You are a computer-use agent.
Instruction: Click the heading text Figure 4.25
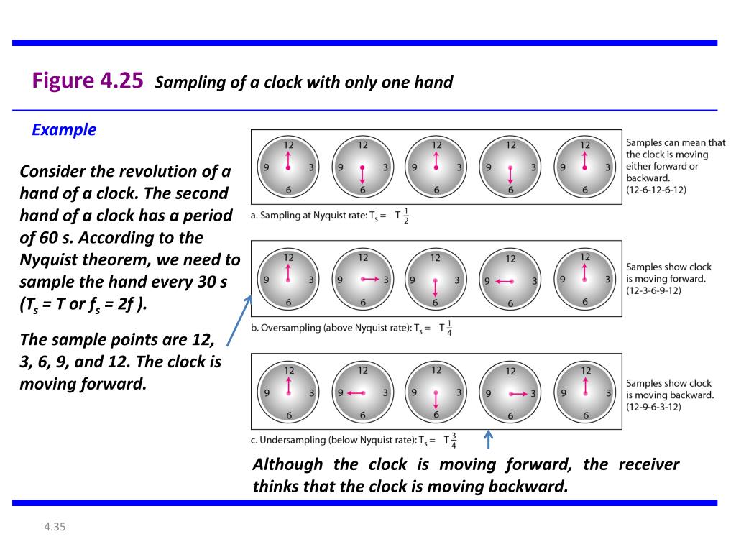pos(88,80)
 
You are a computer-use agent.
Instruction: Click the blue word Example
pos(64,129)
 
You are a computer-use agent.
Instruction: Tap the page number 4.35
pos(55,528)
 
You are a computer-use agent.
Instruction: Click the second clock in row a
pos(362,167)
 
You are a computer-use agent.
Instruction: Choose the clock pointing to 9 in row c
pos(362,392)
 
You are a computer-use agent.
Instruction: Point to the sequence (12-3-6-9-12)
pos(653,290)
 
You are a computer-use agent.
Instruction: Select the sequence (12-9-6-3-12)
pos(653,407)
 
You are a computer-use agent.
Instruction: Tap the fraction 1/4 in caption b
pos(448,328)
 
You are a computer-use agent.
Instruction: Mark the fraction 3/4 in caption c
pos(454,440)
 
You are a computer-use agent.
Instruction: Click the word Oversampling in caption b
pos(291,328)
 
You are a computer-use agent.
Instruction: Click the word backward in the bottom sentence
pos(528,486)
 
